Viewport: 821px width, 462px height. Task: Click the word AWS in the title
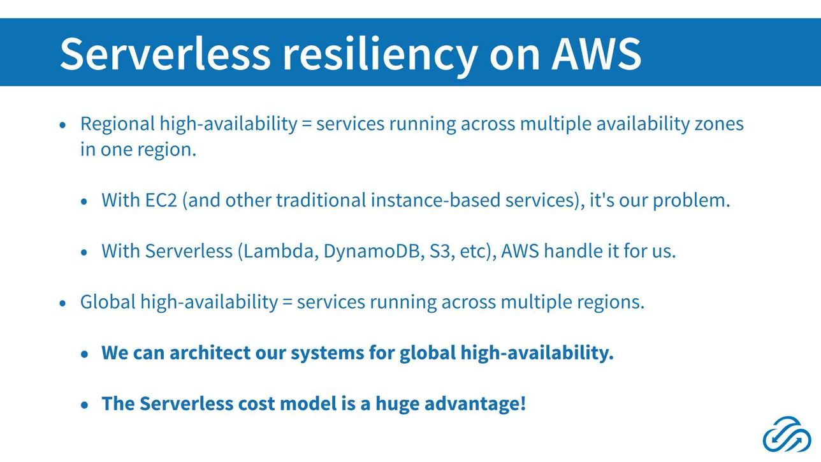point(597,54)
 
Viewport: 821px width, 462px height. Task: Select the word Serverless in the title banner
point(165,54)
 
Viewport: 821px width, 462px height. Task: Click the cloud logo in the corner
point(787,434)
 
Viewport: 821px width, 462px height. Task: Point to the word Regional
point(117,124)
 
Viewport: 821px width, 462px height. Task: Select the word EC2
point(161,200)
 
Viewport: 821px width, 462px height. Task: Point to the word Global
point(108,302)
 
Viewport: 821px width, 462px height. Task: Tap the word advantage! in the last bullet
point(475,404)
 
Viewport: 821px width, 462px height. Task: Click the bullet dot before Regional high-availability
point(62,125)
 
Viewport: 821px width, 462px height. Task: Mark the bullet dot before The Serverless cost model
point(84,405)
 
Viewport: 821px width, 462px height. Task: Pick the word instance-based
point(435,200)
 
